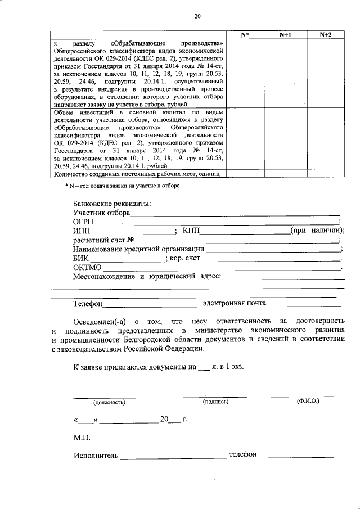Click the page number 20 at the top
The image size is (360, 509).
click(197, 16)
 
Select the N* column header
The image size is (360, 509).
click(245, 35)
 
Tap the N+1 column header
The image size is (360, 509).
click(285, 35)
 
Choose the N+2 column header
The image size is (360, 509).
click(325, 35)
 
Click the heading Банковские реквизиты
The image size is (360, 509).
click(112, 203)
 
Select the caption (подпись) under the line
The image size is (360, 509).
click(215, 402)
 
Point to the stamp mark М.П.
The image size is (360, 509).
click(81, 437)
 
